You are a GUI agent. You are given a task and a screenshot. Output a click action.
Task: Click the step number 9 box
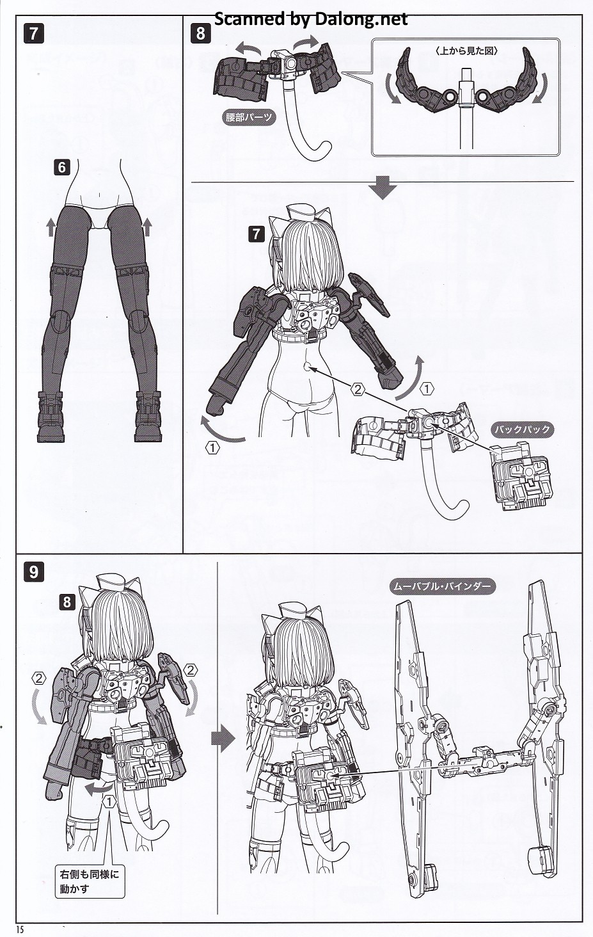click(x=33, y=572)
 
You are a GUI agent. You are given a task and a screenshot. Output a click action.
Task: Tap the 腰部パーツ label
click(x=248, y=117)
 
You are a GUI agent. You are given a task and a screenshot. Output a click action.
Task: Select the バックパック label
click(x=523, y=429)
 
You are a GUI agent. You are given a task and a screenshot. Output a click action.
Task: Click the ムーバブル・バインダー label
click(x=443, y=586)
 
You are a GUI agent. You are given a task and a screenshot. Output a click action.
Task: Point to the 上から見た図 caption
click(x=466, y=51)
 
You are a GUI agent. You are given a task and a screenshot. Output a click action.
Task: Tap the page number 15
click(x=20, y=929)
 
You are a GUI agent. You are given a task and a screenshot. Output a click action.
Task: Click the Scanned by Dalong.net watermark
click(x=311, y=19)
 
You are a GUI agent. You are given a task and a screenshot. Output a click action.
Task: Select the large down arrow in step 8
click(x=383, y=188)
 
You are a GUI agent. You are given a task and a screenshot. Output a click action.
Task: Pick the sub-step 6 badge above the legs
click(x=62, y=167)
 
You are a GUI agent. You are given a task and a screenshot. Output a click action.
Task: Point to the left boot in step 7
click(x=51, y=417)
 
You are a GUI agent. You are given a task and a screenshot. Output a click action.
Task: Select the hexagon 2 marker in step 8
click(x=358, y=390)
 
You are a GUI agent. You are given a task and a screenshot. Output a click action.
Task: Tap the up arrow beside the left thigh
click(x=51, y=228)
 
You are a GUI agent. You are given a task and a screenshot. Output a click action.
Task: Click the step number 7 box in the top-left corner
click(x=33, y=34)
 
